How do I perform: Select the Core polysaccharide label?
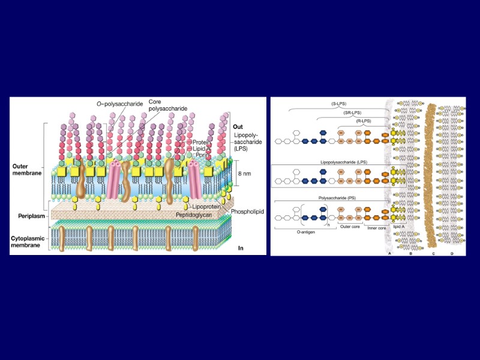coord(160,106)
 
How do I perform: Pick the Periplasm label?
coord(27,214)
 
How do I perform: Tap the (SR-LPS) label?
coord(352,112)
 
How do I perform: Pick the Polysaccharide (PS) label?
coord(332,196)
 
